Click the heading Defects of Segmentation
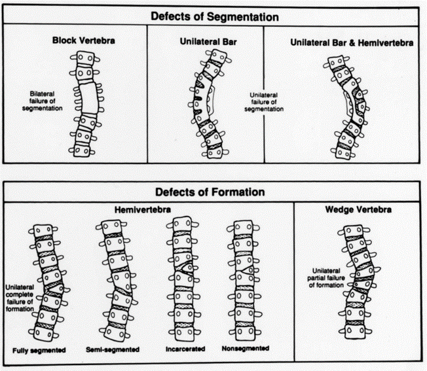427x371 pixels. coord(213,15)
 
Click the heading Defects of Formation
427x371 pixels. coord(210,192)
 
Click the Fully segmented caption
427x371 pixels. coord(39,351)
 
